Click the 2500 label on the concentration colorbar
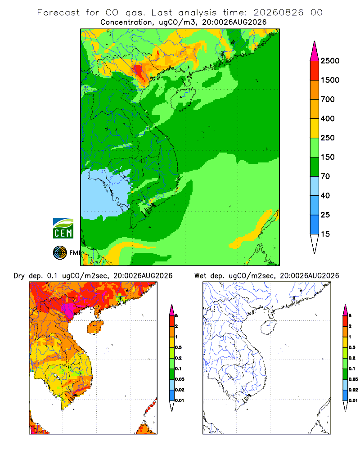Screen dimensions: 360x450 (x=330, y=61)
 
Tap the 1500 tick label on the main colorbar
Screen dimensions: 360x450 (x=330, y=80)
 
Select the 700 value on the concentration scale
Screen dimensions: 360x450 (x=328, y=99)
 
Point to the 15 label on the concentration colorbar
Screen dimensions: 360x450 (x=325, y=234)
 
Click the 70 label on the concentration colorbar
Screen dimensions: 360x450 (x=325, y=176)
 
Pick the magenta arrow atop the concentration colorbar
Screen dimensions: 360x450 (x=315, y=51)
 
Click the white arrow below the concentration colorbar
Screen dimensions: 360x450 (x=315, y=244)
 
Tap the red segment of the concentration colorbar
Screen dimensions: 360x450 (x=315, y=71)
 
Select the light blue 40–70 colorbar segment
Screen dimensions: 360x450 (x=315, y=186)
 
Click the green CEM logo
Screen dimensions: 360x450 (x=63, y=229)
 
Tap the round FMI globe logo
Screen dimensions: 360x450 (x=60, y=253)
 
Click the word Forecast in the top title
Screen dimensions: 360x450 (x=58, y=13)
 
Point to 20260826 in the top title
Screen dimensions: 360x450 (x=278, y=13)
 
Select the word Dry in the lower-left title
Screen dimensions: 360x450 (x=19, y=276)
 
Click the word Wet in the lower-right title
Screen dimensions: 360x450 (x=200, y=276)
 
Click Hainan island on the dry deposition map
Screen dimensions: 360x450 (x=95, y=328)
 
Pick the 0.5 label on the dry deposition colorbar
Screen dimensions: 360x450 (x=178, y=347)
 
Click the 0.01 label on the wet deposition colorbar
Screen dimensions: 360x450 (x=353, y=400)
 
